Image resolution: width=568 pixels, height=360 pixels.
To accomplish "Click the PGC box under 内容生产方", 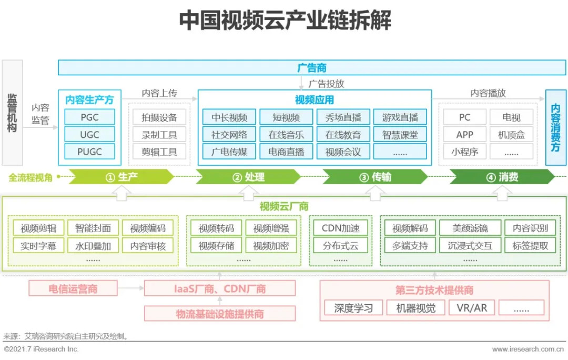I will [89, 117].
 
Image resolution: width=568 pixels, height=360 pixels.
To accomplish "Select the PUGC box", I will [89, 152].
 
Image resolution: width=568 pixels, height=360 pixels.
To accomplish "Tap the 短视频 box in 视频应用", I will [286, 117].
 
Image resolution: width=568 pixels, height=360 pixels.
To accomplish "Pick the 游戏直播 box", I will [400, 117].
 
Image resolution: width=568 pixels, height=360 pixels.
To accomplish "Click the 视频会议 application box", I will [343, 152].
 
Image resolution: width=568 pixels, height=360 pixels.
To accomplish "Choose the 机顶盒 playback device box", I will [511, 134].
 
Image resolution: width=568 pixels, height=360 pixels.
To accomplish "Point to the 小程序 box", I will [464, 152].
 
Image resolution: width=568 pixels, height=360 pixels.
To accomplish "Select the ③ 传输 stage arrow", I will [375, 177].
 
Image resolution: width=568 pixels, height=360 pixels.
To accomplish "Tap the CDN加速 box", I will [340, 228].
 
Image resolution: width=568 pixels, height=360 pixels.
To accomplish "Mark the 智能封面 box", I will [93, 228].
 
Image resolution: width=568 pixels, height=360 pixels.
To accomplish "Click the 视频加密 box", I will [270, 245].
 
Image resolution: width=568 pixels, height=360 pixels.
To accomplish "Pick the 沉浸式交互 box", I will [470, 245].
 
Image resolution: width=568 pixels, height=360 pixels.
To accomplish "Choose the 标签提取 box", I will [530, 245].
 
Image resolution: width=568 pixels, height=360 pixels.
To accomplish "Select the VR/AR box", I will [472, 308].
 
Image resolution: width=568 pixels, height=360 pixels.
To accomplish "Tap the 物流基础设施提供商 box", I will [220, 314].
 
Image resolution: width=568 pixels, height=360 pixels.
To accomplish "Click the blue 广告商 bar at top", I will [312, 67].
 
